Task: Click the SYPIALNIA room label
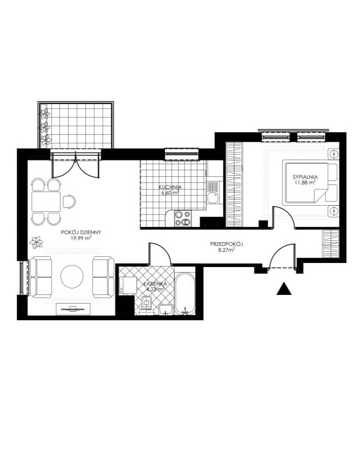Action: click(x=305, y=177)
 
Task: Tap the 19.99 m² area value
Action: click(x=81, y=238)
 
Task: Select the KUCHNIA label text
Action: click(x=170, y=188)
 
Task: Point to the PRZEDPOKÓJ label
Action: click(x=227, y=244)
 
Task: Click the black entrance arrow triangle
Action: click(x=284, y=289)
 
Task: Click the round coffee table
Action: click(x=72, y=276)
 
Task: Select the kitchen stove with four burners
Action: click(x=183, y=218)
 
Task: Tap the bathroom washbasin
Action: click(x=165, y=309)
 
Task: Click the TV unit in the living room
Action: click(x=73, y=309)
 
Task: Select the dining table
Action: click(x=46, y=202)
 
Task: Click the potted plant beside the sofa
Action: click(x=37, y=242)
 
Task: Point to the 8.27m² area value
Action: click(x=227, y=250)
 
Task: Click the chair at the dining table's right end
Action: click(x=69, y=201)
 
